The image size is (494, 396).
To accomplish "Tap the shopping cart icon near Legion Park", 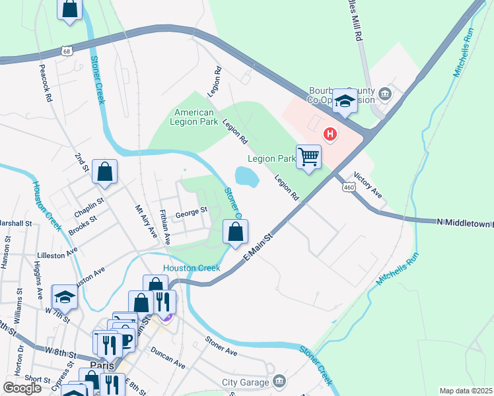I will (x=308, y=157).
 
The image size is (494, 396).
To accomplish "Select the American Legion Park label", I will (x=192, y=116).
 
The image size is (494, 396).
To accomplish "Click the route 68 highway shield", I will (x=65, y=50).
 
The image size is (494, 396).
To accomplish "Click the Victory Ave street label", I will (x=368, y=185).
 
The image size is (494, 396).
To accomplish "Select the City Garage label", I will (x=245, y=382).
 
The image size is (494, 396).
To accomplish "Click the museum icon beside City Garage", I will (x=279, y=381).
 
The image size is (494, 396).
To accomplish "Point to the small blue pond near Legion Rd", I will (x=246, y=176).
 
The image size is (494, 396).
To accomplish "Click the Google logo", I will (x=22, y=387).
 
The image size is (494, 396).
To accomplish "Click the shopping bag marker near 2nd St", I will (x=104, y=172).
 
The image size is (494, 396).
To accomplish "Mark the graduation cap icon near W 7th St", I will (x=64, y=296).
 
